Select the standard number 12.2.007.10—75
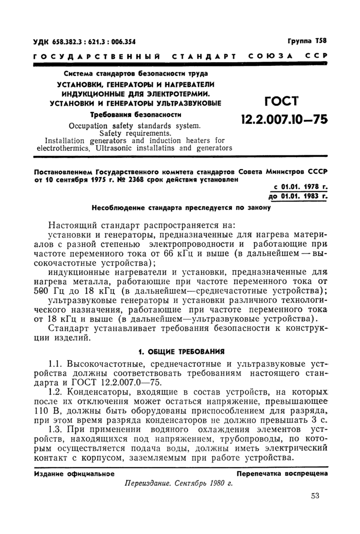point(284,120)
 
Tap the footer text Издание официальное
point(74,472)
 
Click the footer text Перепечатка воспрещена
point(281,472)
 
